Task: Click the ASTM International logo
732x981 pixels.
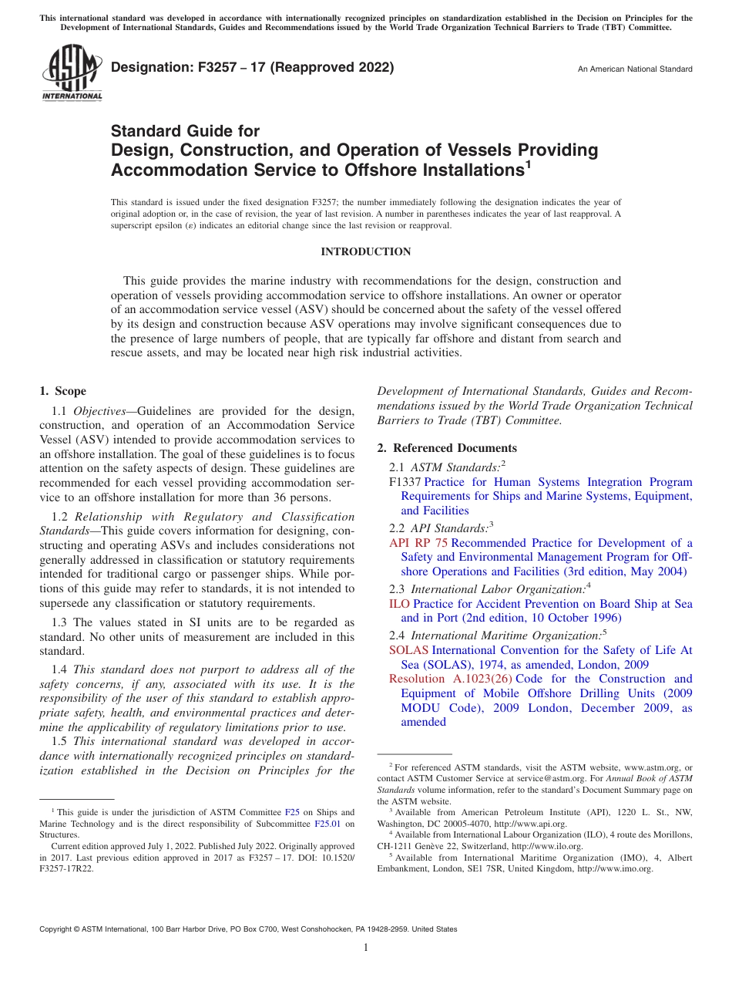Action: (x=71, y=74)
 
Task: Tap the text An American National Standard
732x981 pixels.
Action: (x=635, y=69)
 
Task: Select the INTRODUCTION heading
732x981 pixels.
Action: (x=365, y=252)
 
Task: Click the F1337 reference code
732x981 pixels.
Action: (x=405, y=482)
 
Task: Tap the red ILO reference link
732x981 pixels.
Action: (x=399, y=604)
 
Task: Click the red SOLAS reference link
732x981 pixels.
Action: (x=408, y=650)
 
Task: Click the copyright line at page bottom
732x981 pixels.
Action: (x=248, y=929)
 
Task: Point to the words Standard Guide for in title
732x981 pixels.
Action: (x=186, y=131)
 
